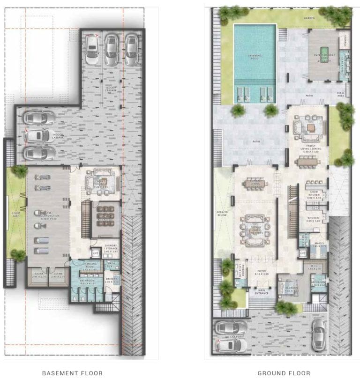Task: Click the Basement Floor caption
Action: [x=72, y=373]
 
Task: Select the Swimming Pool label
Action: [x=255, y=57]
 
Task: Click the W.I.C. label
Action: [x=315, y=267]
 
